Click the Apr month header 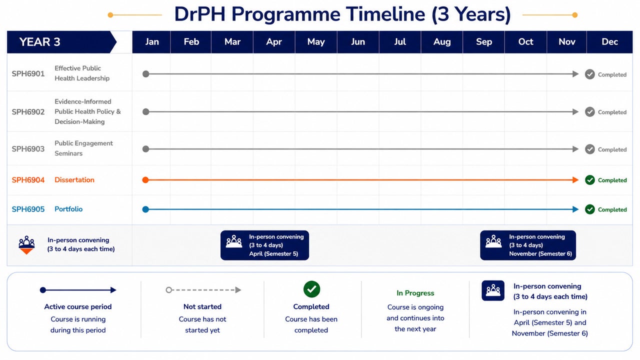click(x=273, y=42)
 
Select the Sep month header click(x=483, y=42)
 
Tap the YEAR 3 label click(x=39, y=42)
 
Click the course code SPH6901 click(x=28, y=73)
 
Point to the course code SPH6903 click(x=28, y=149)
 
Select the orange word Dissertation click(x=74, y=179)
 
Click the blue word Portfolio click(x=68, y=209)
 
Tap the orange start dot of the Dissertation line click(x=145, y=179)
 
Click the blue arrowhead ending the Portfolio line click(x=575, y=209)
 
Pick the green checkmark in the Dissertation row click(x=589, y=180)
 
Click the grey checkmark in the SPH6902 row click(x=589, y=111)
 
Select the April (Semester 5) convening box click(x=264, y=245)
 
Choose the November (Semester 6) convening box click(x=528, y=245)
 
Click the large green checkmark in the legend click(x=311, y=289)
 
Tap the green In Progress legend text click(x=415, y=293)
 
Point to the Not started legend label click(x=202, y=306)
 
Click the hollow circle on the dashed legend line click(x=169, y=290)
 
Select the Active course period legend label click(x=77, y=306)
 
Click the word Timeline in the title click(x=385, y=14)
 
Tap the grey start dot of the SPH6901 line click(x=145, y=74)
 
